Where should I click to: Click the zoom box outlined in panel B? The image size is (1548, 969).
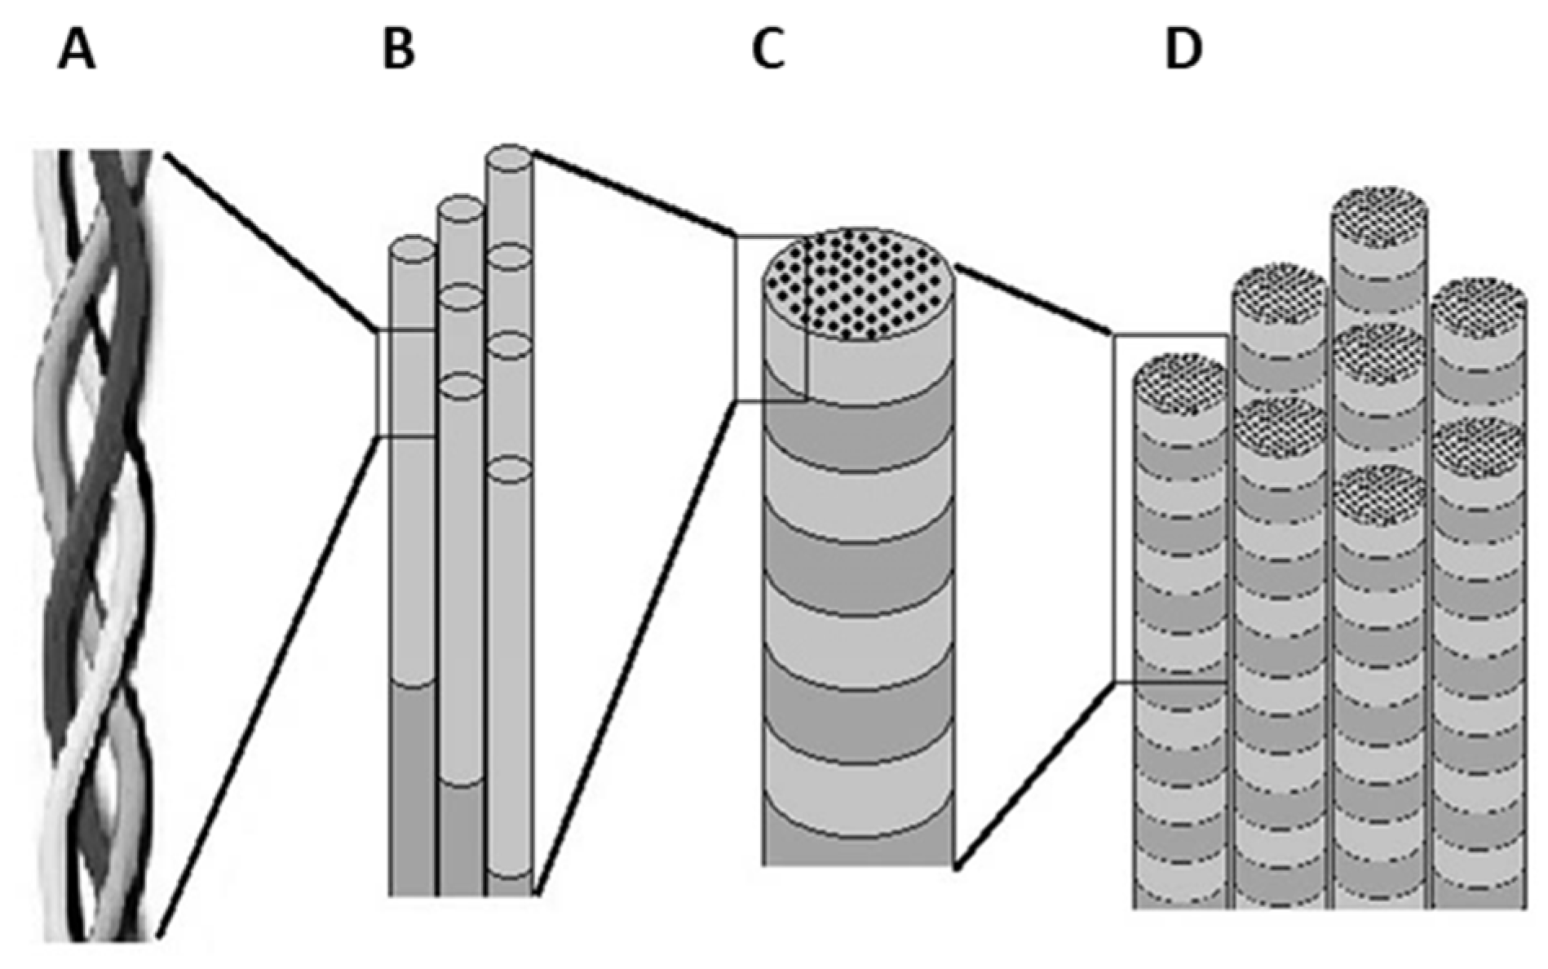click(406, 383)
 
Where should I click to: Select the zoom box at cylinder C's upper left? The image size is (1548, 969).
click(771, 318)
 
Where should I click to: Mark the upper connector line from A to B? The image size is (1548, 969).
click(269, 241)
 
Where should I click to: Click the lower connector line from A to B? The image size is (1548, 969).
click(269, 685)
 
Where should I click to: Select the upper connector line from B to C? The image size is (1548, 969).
click(632, 192)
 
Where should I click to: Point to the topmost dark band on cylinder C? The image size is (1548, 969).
click(858, 436)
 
